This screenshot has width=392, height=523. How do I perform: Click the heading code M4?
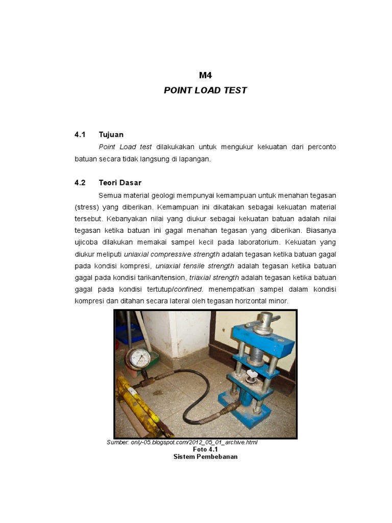(x=205, y=75)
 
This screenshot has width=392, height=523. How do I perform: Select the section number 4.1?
(x=80, y=135)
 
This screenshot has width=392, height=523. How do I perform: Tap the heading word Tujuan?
(x=111, y=135)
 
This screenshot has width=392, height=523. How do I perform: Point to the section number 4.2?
(x=80, y=182)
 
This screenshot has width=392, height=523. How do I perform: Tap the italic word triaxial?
(x=200, y=277)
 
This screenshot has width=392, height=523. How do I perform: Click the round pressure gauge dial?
(x=138, y=359)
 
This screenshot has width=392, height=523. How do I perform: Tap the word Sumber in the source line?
(x=117, y=442)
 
